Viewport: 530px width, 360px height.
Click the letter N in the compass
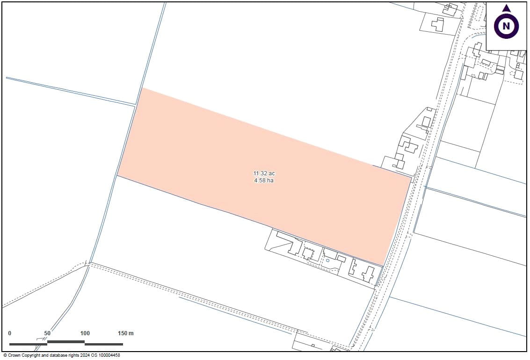point(506,26)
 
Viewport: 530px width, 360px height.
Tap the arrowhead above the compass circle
point(506,8)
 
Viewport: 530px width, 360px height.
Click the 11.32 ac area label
point(264,173)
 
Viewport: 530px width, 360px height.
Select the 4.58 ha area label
point(264,180)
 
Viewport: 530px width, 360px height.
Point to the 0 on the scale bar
point(10,333)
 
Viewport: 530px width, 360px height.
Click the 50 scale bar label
point(47,333)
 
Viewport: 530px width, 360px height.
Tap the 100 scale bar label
point(85,333)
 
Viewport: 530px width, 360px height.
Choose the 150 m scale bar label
point(125,333)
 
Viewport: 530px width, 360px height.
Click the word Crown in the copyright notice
point(15,356)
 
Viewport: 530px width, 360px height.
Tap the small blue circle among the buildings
point(328,260)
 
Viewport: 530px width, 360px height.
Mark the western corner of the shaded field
point(117,175)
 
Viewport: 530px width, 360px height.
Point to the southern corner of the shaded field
point(384,266)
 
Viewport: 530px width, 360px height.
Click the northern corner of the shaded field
point(142,88)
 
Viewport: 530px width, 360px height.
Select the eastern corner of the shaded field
point(412,177)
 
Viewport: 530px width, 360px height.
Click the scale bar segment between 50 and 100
point(66,342)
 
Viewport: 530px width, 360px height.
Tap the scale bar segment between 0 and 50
point(28,344)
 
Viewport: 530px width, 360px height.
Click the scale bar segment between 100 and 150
point(104,344)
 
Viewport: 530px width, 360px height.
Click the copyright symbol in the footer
point(5,356)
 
